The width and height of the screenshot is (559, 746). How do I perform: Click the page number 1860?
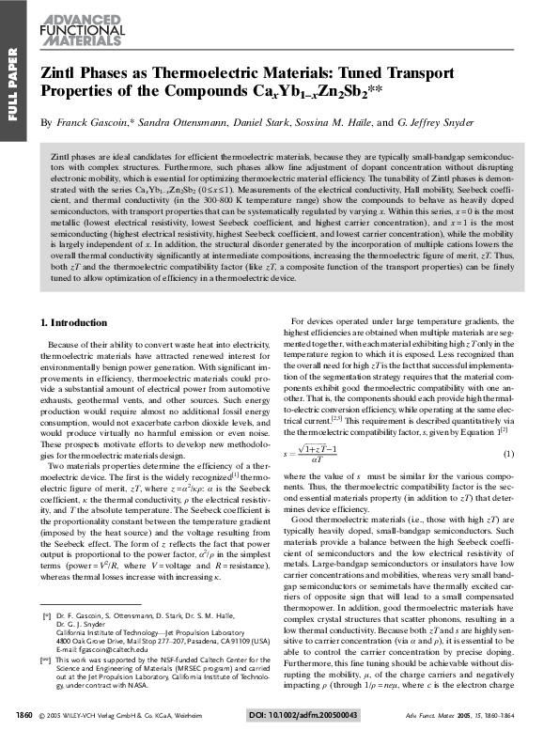coord(25,716)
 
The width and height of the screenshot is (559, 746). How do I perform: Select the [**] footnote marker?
coord(46,661)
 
